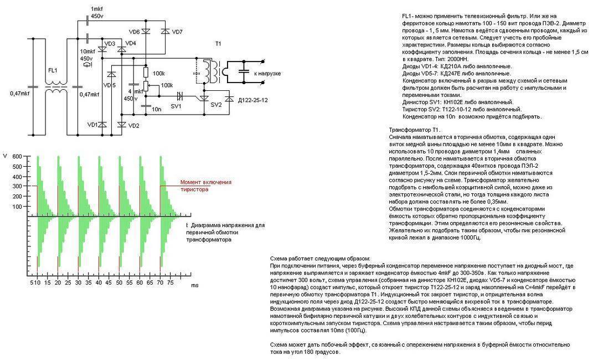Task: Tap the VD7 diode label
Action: (x=177, y=32)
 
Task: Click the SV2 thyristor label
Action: (x=216, y=104)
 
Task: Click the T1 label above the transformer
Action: (x=218, y=43)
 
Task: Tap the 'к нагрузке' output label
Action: (x=268, y=74)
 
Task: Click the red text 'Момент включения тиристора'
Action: (x=205, y=186)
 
